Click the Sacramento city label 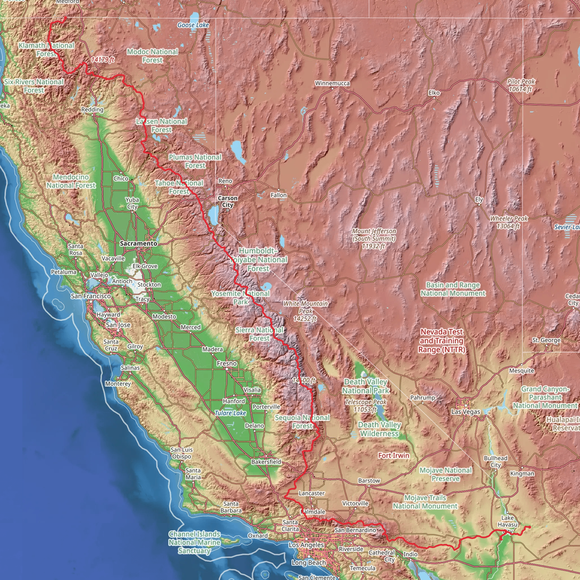[x=138, y=244]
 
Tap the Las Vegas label [x=466, y=412]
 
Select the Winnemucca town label [x=332, y=83]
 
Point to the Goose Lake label [x=193, y=25]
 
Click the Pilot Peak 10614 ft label [x=521, y=85]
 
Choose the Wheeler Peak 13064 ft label [x=509, y=222]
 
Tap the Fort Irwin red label [x=394, y=455]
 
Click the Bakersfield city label [x=266, y=462]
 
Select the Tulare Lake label [x=230, y=413]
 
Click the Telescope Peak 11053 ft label [x=365, y=406]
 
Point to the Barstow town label [x=369, y=481]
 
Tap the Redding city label [x=92, y=110]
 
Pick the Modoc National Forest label [x=153, y=56]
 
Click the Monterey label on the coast [x=118, y=384]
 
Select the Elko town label [x=434, y=93]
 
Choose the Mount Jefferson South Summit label [x=374, y=238]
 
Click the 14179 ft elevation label [x=103, y=59]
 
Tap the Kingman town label [x=522, y=474]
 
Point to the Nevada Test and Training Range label [x=442, y=340]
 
